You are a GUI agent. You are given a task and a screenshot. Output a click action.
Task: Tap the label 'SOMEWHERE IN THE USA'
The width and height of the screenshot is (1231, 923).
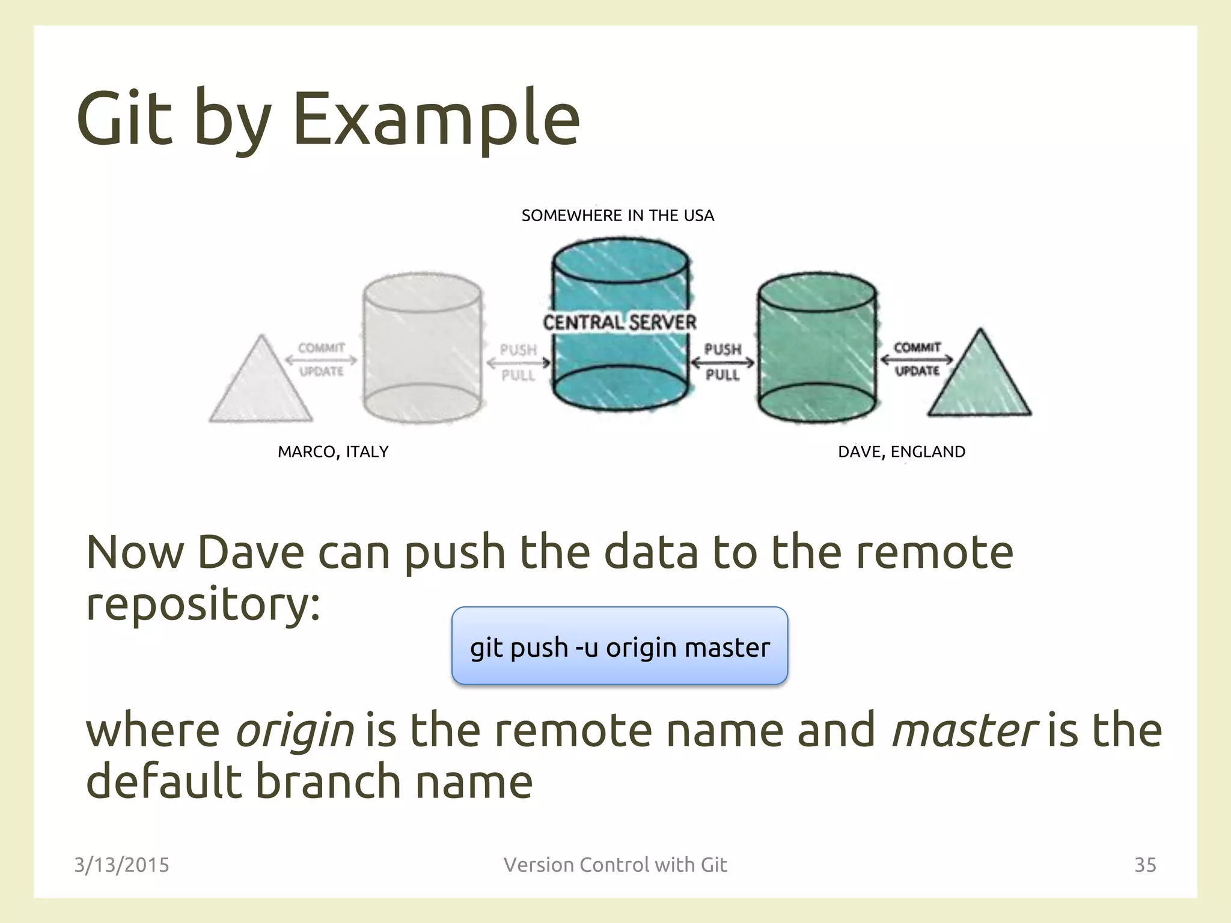point(617,216)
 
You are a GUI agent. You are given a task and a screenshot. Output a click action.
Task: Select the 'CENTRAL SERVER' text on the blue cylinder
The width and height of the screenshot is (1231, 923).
point(619,323)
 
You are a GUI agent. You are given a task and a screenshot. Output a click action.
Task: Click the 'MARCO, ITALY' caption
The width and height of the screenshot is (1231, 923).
point(333,452)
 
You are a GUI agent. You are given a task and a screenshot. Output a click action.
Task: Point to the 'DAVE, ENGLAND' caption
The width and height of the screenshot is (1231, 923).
point(901,452)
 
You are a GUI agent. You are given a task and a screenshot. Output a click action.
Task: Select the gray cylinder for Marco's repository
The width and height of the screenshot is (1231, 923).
point(422,349)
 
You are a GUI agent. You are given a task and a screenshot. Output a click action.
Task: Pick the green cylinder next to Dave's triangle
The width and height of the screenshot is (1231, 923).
point(817,349)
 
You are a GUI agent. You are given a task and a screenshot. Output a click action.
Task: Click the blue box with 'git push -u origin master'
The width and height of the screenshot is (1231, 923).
point(619,646)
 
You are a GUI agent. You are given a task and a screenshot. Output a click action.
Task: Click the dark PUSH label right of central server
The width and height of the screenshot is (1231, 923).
point(722,349)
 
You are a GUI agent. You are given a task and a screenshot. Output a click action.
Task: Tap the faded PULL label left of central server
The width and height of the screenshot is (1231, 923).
point(518,376)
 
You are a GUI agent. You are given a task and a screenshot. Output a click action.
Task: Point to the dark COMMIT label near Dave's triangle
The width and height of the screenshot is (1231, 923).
point(917,348)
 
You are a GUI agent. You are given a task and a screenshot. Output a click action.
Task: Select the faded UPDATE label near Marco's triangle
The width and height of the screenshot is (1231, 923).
point(322,371)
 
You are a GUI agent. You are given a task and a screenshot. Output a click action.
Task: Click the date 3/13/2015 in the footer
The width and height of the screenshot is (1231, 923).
point(121,865)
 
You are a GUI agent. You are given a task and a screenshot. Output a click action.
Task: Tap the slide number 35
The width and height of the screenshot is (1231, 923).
point(1144,865)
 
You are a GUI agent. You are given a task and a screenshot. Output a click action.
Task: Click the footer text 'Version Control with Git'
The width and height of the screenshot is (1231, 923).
point(615,865)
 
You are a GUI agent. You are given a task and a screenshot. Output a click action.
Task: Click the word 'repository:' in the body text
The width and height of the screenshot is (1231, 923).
point(203,604)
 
